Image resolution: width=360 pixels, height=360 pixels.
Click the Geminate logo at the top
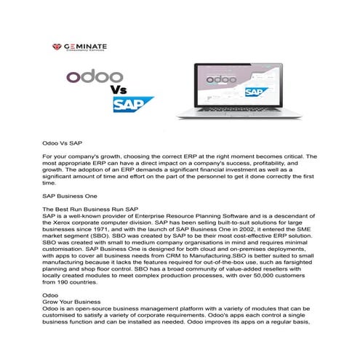tap(87, 47)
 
